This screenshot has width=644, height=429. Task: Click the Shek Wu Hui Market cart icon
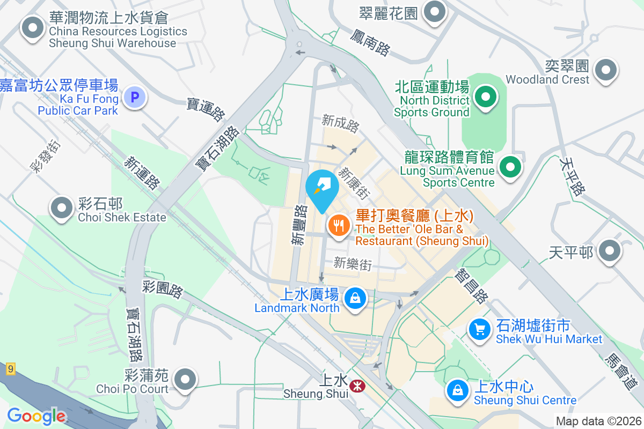[479, 328]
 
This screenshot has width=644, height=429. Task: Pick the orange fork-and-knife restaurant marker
[338, 225]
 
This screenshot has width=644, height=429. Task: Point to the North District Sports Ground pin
[486, 98]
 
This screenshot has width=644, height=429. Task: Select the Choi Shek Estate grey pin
[62, 208]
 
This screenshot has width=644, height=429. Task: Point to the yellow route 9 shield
[10, 369]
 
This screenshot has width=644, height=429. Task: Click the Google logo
[36, 416]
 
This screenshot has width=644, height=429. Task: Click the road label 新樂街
[353, 263]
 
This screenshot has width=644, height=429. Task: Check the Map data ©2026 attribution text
[598, 421]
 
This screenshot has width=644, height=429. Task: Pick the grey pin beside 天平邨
[609, 251]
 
